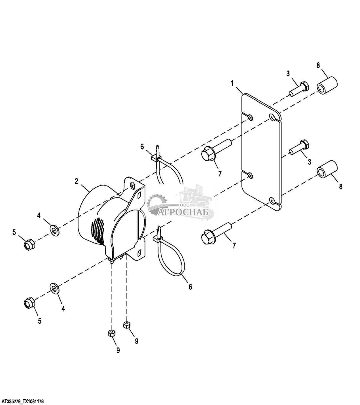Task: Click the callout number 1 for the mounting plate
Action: click(x=232, y=84)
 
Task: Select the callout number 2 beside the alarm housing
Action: click(x=76, y=181)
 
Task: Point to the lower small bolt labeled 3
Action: click(x=299, y=147)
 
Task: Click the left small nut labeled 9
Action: click(x=112, y=333)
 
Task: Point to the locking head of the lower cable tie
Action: click(x=157, y=240)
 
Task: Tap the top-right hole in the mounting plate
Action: click(x=272, y=117)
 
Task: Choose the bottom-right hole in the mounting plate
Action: click(x=272, y=201)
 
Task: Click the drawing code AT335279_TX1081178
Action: click(x=23, y=402)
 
